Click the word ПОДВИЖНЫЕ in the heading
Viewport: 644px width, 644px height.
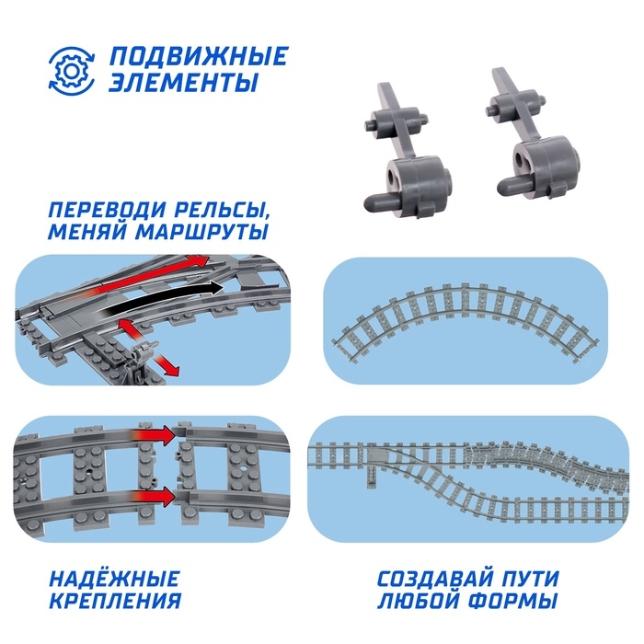point(199,56)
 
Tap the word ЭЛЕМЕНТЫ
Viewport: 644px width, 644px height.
point(184,82)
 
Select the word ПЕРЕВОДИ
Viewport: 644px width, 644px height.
point(105,211)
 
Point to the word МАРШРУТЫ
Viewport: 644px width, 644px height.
point(201,231)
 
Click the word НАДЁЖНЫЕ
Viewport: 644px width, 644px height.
point(114,579)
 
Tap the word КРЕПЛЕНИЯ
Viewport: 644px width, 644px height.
point(115,601)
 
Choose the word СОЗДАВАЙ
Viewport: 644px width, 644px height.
point(435,579)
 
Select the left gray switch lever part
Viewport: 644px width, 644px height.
point(406,152)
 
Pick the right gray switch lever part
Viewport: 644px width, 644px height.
point(534,134)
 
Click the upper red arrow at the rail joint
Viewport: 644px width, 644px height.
point(155,435)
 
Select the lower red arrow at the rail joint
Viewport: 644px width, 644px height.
point(155,497)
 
